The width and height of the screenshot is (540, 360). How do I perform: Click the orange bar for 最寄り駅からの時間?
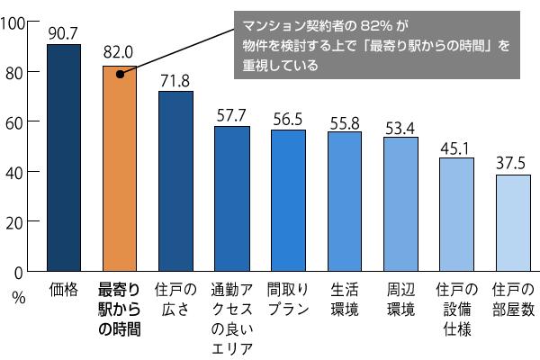(x=120, y=171)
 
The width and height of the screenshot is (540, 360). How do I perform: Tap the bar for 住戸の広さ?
(x=175, y=180)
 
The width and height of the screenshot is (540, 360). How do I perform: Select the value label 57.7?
(x=231, y=114)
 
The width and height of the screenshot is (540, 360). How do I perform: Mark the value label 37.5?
(x=513, y=164)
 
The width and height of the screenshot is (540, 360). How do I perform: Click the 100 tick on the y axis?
(x=16, y=22)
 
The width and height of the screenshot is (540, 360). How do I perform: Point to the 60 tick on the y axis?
(x=19, y=121)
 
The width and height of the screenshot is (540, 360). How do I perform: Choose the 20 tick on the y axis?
(x=19, y=221)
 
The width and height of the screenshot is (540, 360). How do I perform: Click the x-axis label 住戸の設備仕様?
(x=456, y=310)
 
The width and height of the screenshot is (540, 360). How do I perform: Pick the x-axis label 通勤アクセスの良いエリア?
(x=231, y=320)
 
